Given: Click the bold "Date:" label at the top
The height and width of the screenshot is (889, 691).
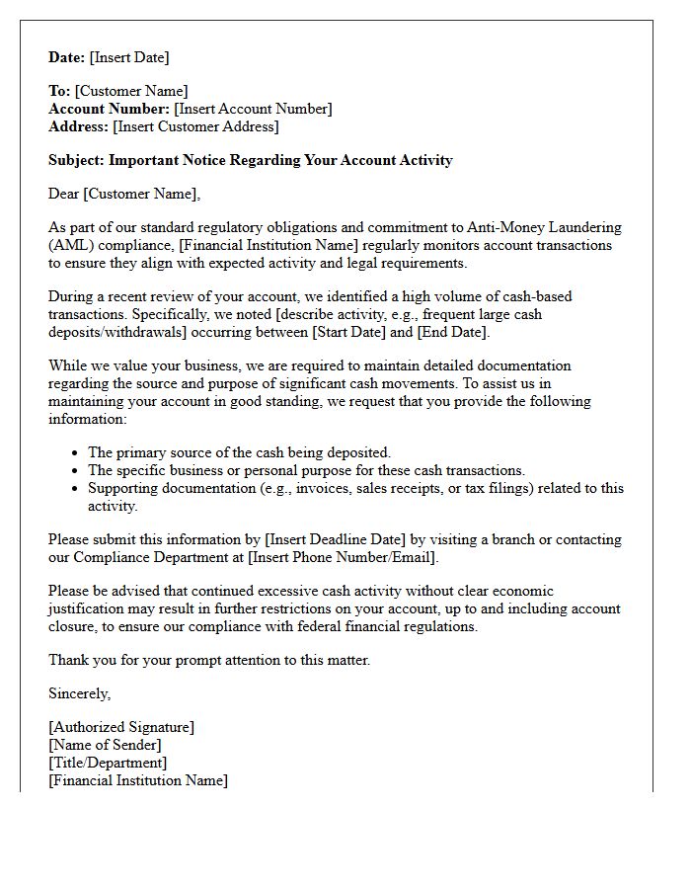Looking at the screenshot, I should tap(67, 57).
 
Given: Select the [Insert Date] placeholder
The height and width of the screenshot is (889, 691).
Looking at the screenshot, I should tap(129, 57).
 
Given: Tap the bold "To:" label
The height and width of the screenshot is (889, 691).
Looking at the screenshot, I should tap(59, 91).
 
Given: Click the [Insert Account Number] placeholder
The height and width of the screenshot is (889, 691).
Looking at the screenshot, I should tap(253, 109).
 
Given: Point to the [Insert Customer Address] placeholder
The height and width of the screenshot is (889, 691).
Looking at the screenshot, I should tap(195, 126).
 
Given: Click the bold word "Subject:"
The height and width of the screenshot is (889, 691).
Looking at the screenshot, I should tap(77, 160).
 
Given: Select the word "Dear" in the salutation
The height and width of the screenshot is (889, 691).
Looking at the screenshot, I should tap(64, 194).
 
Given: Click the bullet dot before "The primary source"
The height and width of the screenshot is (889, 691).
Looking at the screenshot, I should tap(76, 453).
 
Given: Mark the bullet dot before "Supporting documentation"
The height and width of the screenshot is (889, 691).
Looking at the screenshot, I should tap(76, 489).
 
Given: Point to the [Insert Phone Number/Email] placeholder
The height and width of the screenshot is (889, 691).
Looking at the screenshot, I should tap(342, 557).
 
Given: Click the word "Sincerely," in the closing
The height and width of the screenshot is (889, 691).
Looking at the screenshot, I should tap(80, 693).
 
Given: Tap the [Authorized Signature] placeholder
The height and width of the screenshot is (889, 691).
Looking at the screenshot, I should tap(121, 727).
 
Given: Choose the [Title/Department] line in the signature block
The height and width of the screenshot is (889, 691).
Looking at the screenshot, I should tap(108, 763).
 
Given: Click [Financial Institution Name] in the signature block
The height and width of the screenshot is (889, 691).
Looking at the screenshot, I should tap(138, 780).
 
